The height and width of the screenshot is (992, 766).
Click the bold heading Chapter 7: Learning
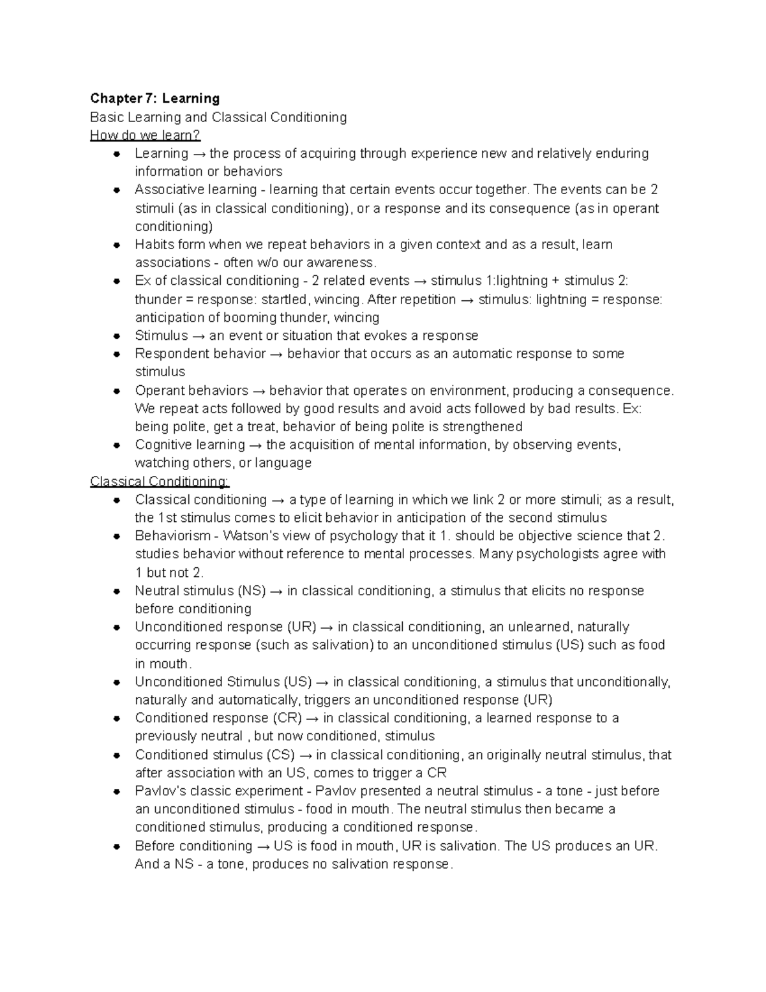pos(154,98)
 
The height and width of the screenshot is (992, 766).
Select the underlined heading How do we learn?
pos(145,135)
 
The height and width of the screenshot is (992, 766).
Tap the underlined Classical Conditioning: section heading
pos(160,481)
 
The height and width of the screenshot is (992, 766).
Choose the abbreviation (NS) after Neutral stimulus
pos(252,591)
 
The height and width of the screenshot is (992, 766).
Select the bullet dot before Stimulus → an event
pos(117,336)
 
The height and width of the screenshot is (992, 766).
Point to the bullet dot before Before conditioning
pos(117,846)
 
